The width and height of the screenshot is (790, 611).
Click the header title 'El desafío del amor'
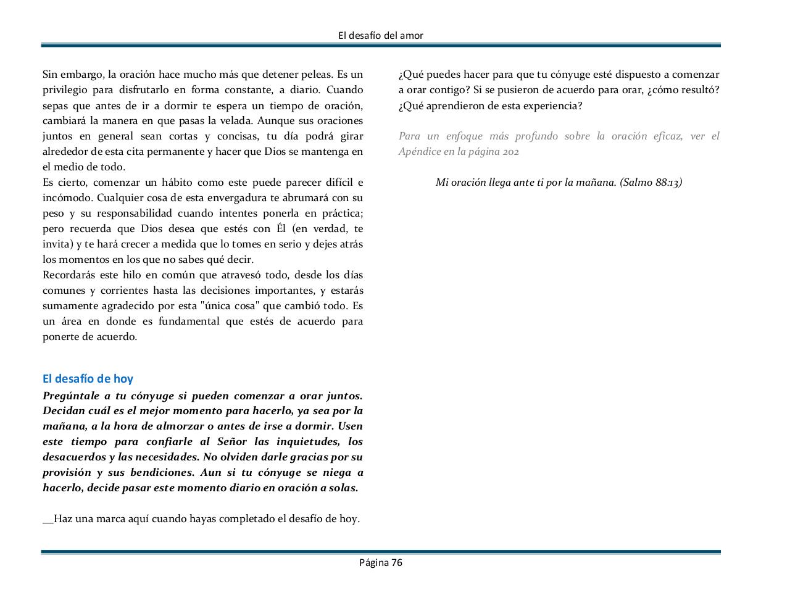point(381,35)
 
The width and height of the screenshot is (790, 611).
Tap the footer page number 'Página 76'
point(381,562)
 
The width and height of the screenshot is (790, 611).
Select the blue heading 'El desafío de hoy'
point(88,378)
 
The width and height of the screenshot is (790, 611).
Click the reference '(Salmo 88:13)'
point(651,182)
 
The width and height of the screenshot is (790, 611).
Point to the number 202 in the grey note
point(510,151)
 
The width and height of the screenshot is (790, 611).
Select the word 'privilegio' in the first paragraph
point(65,89)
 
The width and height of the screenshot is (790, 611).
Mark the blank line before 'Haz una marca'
point(48,520)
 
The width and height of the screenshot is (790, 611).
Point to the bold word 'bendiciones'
point(160,472)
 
